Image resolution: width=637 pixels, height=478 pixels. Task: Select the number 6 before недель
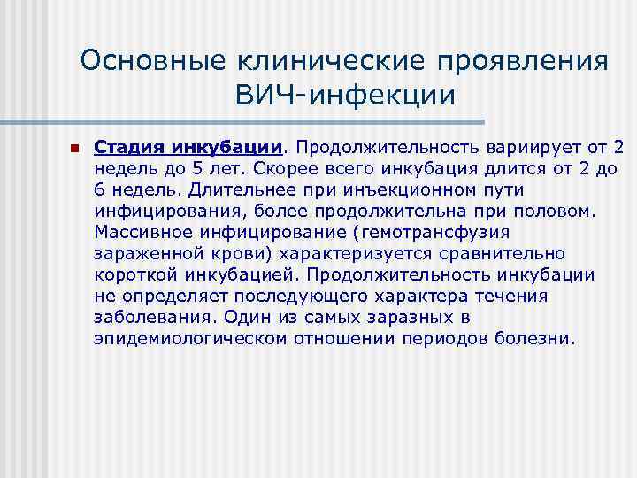pos(99,189)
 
